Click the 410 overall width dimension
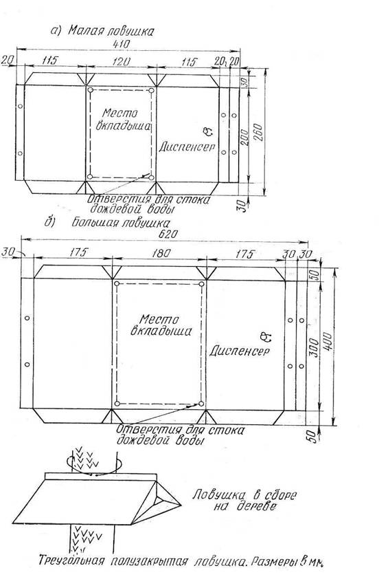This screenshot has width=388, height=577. click(122, 43)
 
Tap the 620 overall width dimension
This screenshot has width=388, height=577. click(169, 234)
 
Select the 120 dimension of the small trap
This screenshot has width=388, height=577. click(121, 61)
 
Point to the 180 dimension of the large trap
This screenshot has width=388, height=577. click(161, 253)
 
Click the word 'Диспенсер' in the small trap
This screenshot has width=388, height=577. click(187, 146)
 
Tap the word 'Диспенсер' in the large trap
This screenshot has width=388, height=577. click(239, 351)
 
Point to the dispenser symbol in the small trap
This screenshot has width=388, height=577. click(207, 131)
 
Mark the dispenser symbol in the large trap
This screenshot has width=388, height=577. click(265, 336)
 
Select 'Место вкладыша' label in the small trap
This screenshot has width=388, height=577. click(123, 119)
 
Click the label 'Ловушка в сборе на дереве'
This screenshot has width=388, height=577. click(244, 500)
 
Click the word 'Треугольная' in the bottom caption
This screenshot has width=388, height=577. click(72, 561)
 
